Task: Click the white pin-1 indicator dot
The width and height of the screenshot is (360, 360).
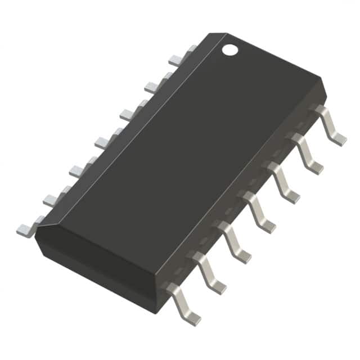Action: [229, 49]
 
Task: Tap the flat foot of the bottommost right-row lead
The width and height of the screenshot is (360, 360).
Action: [191, 318]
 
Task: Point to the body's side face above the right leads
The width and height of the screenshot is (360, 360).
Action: [247, 186]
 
